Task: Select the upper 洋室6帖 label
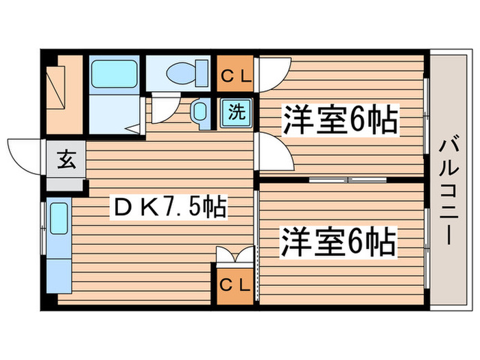pos(340,123)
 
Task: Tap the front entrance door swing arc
pos(25,154)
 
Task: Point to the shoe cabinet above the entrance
pos(63,91)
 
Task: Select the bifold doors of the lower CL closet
pos(234,257)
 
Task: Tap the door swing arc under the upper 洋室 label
pos(274,151)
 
